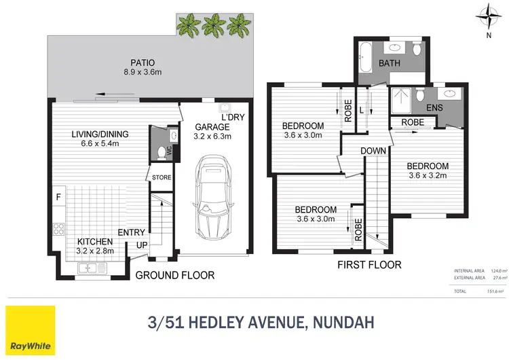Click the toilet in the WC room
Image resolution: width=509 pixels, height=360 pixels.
161,151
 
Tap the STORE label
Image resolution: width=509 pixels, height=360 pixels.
162,178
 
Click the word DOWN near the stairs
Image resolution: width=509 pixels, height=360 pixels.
373,151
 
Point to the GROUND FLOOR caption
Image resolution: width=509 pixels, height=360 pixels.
175,276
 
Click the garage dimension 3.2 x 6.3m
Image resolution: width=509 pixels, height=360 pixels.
213,136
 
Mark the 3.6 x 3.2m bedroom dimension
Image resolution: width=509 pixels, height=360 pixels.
428,177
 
